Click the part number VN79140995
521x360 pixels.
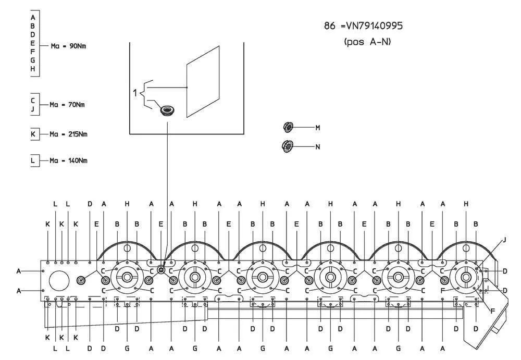pos(374,26)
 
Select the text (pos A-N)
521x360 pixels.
pos(367,42)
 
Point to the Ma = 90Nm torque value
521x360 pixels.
pos(68,46)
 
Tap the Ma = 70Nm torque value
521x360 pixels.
pos(67,105)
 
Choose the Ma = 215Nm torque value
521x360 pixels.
pos(68,134)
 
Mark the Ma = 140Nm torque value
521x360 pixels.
pos(68,160)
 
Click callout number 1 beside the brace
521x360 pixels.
pos(135,93)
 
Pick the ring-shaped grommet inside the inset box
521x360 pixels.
pos(167,110)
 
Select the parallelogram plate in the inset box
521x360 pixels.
pos(203,82)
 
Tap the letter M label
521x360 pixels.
pos(318,128)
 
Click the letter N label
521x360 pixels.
pos(318,146)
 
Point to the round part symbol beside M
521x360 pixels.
pos(289,127)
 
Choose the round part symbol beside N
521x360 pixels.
pos(288,146)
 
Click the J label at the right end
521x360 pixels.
pos(504,240)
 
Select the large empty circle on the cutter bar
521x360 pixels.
pos(59,281)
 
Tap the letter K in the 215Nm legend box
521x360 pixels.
pos(33,134)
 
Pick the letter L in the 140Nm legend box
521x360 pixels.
pos(32,160)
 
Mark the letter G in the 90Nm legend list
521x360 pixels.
pos(32,60)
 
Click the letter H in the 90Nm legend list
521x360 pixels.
pos(32,69)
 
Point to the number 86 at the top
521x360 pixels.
pos(330,26)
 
